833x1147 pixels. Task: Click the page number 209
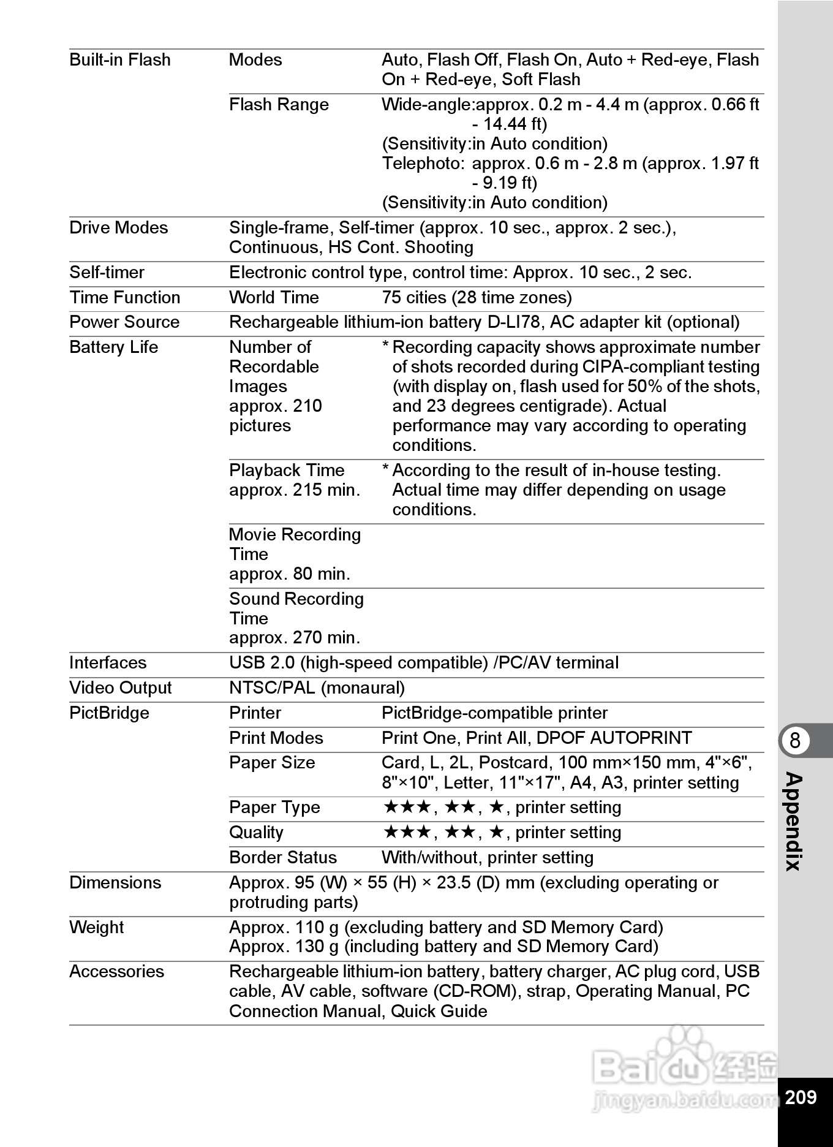(801, 1096)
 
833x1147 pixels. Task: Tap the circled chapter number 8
(795, 741)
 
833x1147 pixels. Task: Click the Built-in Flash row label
(120, 60)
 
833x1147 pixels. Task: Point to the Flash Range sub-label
(279, 105)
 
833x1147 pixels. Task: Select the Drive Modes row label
(118, 228)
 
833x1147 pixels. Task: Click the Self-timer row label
(107, 273)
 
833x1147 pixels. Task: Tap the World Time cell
(274, 298)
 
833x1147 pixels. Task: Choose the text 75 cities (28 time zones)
(477, 298)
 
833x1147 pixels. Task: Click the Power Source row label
(124, 322)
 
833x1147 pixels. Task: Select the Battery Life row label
(114, 347)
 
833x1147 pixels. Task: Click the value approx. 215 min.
(295, 490)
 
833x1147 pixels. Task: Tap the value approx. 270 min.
(295, 638)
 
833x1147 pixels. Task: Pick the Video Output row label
(121, 688)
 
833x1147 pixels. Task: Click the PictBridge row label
(109, 713)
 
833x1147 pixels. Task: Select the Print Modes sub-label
(276, 738)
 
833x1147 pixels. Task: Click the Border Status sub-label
(283, 858)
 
